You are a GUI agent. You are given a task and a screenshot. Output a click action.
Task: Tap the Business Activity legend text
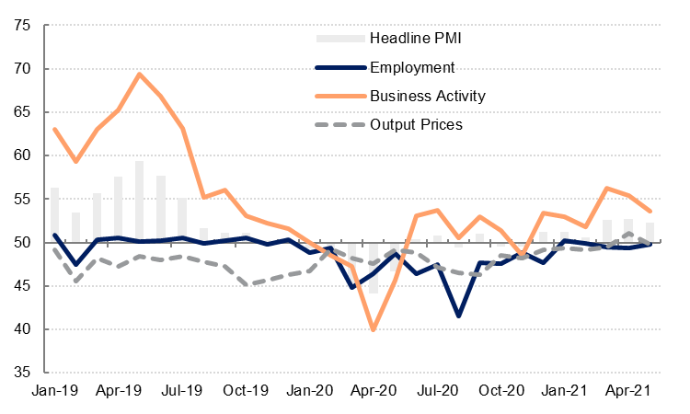427,96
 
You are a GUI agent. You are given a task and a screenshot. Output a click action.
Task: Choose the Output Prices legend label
416,124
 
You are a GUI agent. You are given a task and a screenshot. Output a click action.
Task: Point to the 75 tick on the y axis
22,26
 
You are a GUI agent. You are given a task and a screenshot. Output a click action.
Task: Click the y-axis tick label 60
22,155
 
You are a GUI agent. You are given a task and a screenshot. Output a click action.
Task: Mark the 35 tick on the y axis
22,373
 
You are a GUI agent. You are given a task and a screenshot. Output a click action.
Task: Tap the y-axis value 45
22,286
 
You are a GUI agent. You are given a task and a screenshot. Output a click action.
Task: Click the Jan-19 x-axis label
54,392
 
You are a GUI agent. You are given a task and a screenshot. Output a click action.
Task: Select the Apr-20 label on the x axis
373,392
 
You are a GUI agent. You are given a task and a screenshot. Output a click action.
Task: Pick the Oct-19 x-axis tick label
246,392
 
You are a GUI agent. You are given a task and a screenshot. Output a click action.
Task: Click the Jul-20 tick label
437,392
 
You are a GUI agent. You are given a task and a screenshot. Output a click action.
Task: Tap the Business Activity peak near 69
139,75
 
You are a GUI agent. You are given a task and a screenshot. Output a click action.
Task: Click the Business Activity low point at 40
373,328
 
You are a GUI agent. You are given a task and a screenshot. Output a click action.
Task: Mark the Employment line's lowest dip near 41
458,316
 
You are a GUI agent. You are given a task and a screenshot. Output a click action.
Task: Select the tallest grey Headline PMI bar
139,201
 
